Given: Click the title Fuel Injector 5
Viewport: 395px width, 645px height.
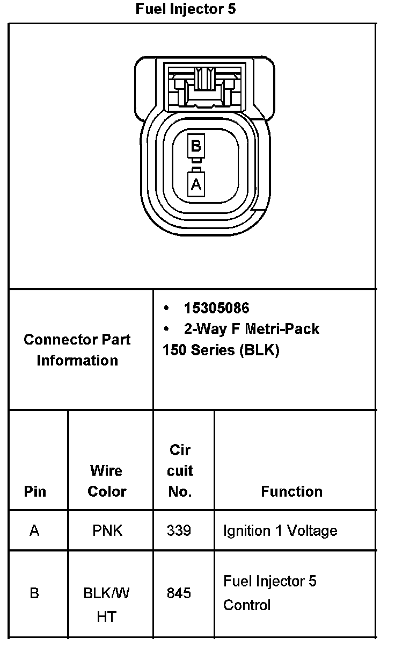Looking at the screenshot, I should tap(185, 9).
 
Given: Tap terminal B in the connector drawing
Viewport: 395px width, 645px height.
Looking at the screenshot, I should tap(196, 146).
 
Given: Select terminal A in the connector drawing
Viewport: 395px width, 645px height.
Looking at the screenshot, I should tap(196, 184).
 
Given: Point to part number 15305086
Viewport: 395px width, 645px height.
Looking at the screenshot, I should tap(216, 308).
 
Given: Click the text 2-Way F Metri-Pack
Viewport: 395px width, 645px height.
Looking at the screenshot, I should tap(251, 328).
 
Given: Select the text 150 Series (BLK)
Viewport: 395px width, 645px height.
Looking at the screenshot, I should tap(221, 350).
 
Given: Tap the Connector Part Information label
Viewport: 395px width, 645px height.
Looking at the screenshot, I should tap(77, 350).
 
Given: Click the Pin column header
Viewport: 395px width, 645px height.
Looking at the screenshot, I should tap(35, 491).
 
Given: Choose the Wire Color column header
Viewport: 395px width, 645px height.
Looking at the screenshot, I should tap(107, 481).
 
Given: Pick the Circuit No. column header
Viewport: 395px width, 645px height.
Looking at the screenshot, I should tap(180, 471).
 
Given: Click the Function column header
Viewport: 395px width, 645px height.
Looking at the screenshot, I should tap(291, 491).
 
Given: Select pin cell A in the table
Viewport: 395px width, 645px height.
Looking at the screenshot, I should tap(34, 531).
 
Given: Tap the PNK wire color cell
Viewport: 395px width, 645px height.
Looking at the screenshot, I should tap(107, 531).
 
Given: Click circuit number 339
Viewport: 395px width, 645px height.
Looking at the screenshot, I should tap(179, 531).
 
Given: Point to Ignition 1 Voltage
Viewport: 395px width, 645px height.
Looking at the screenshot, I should tap(280, 531).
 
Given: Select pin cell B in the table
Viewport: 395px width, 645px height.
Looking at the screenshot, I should tap(34, 593).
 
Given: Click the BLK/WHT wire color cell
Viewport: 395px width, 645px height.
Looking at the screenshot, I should tap(107, 605).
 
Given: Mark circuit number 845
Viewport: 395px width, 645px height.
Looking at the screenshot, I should tap(179, 593).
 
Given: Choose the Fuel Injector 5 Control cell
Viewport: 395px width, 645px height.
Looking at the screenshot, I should tap(270, 593).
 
